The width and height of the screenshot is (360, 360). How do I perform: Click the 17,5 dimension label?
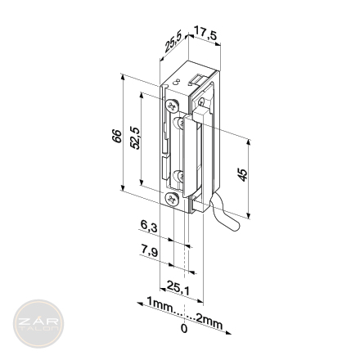205,34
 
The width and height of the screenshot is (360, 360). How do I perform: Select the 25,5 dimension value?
173,42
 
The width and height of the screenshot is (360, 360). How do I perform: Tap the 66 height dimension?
116,136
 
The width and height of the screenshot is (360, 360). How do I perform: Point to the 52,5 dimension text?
135,138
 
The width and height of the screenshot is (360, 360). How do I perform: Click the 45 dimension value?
243,175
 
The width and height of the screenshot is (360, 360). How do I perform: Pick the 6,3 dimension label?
149,226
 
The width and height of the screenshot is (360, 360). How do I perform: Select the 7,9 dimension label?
149,250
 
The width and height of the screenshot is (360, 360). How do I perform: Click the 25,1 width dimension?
178,288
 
